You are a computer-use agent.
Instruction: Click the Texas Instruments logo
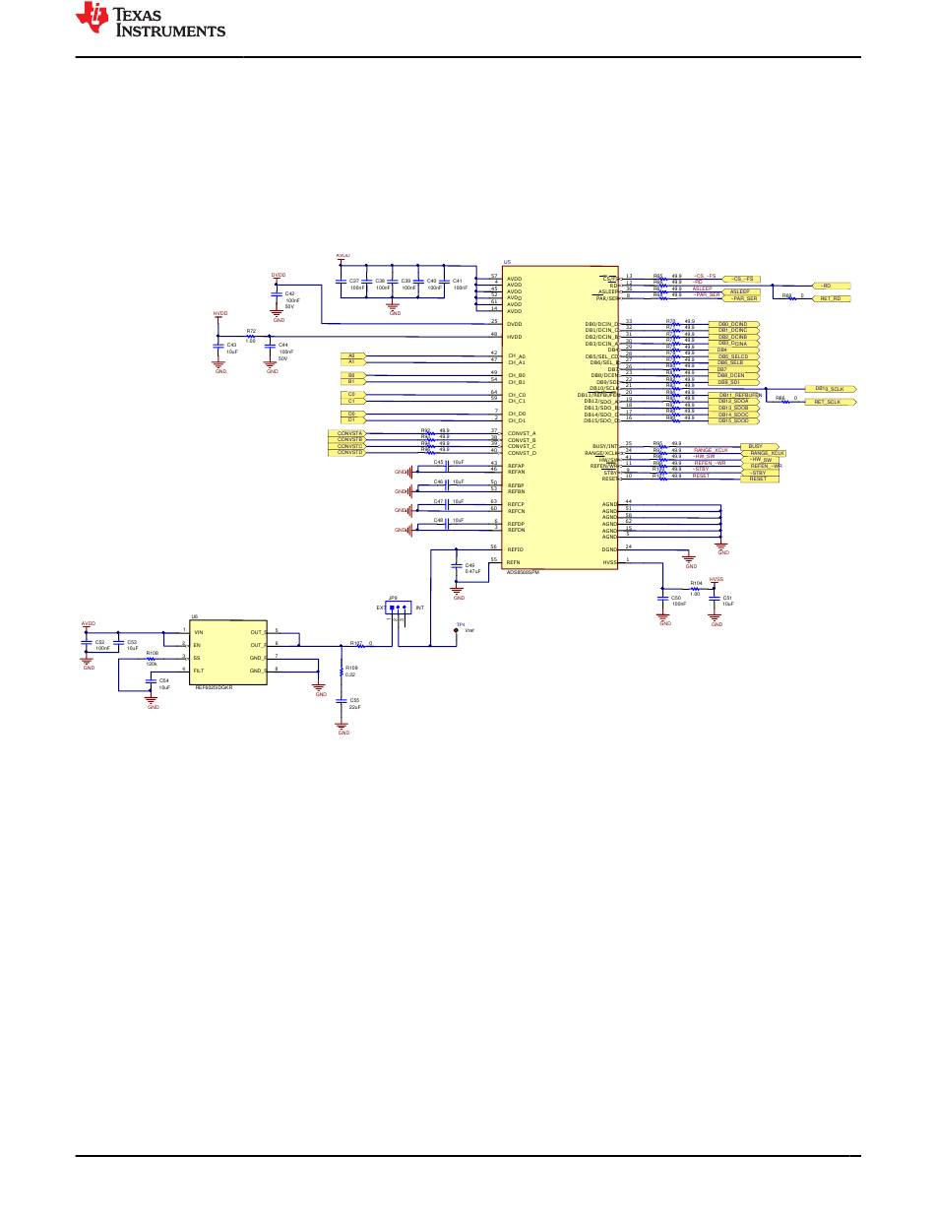coord(153,20)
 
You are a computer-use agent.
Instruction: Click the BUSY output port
coord(755,446)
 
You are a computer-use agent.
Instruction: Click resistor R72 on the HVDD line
coord(250,337)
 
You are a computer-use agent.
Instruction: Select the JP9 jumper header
coord(399,608)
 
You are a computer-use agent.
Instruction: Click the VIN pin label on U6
coord(199,631)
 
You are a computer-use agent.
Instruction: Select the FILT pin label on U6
coord(199,670)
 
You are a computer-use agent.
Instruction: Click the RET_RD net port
coord(830,298)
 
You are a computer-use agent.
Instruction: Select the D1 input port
coord(351,420)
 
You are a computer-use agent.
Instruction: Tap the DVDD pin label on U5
coord(515,323)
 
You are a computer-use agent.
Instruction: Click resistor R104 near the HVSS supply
coord(695,589)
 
